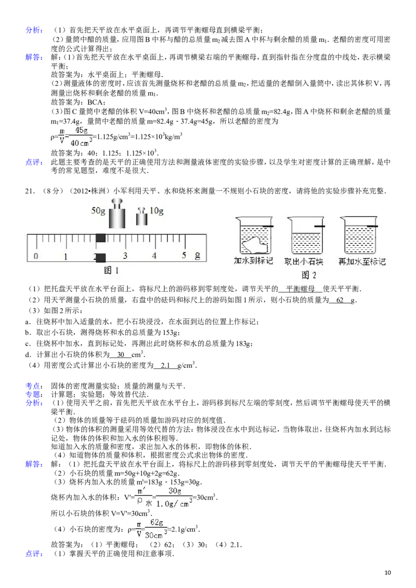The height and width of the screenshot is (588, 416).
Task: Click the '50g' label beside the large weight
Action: click(98, 210)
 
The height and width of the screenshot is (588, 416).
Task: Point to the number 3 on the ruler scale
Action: click(125, 256)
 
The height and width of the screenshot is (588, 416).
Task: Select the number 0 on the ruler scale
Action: click(36, 256)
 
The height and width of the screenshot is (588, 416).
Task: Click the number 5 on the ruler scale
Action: click(184, 256)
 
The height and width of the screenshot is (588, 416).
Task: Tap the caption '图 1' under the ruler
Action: click(111, 271)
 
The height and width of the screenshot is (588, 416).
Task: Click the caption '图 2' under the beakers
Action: click(309, 275)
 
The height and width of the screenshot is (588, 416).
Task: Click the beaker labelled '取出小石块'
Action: click(306, 235)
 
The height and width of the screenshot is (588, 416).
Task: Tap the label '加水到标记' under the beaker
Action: click(253, 261)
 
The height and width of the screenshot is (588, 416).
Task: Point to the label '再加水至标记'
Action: click(362, 262)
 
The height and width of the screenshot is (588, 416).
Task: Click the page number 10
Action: click(388, 572)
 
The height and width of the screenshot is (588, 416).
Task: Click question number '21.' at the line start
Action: click(30, 191)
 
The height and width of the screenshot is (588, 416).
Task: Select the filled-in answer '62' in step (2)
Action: click(340, 300)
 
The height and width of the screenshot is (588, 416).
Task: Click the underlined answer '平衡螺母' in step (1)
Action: click(301, 289)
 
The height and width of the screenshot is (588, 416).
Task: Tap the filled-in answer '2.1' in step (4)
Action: click(165, 365)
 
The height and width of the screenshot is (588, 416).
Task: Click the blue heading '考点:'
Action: click(34, 386)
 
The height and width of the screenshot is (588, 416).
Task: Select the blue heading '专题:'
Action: click(34, 394)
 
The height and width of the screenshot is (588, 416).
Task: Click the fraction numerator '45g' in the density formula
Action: click(82, 130)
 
